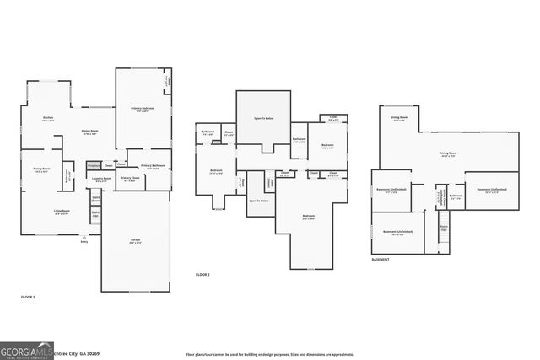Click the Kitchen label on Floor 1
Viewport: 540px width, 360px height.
48,119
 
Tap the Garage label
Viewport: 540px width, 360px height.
135,241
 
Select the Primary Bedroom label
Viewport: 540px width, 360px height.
142,110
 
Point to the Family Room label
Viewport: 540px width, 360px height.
40,169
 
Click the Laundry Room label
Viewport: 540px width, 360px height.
102,179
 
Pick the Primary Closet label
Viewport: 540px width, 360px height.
129,179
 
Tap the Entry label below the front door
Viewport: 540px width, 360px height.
84,242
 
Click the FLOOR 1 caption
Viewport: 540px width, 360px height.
28,298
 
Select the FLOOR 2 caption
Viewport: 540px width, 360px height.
202,275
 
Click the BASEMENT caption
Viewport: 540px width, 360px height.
381,260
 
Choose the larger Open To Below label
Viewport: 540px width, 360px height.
263,119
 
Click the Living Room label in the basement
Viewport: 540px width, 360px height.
448,154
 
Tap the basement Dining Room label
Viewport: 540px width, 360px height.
399,118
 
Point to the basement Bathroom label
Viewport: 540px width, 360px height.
456,196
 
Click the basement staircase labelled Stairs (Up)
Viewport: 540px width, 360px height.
445,228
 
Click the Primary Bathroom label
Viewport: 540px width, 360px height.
153,166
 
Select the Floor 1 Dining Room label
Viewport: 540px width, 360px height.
91,132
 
